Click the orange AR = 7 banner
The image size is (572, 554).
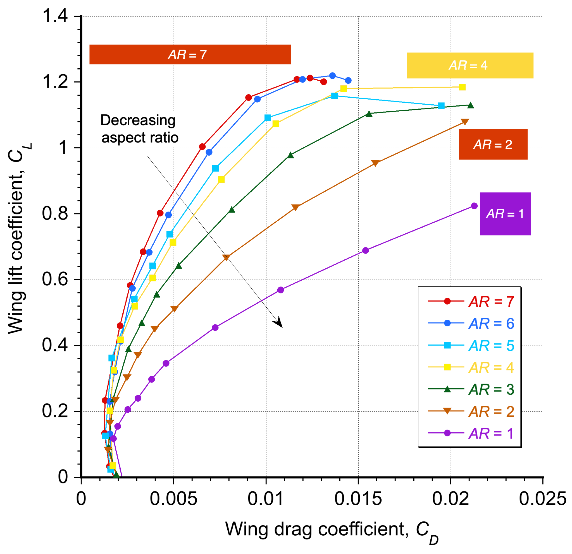click(190, 54)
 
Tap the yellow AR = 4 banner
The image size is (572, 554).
click(470, 66)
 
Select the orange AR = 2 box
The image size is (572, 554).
click(493, 144)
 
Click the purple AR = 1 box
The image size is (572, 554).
click(505, 214)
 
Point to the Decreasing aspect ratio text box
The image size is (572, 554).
click(139, 129)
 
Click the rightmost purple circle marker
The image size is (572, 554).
click(474, 206)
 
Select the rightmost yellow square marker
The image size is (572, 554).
click(462, 87)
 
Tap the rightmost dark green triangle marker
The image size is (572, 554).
click(470, 105)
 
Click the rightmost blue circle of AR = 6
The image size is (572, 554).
click(348, 80)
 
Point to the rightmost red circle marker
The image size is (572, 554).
click(323, 82)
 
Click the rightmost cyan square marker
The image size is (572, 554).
click(441, 106)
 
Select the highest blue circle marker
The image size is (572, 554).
click(332, 76)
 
